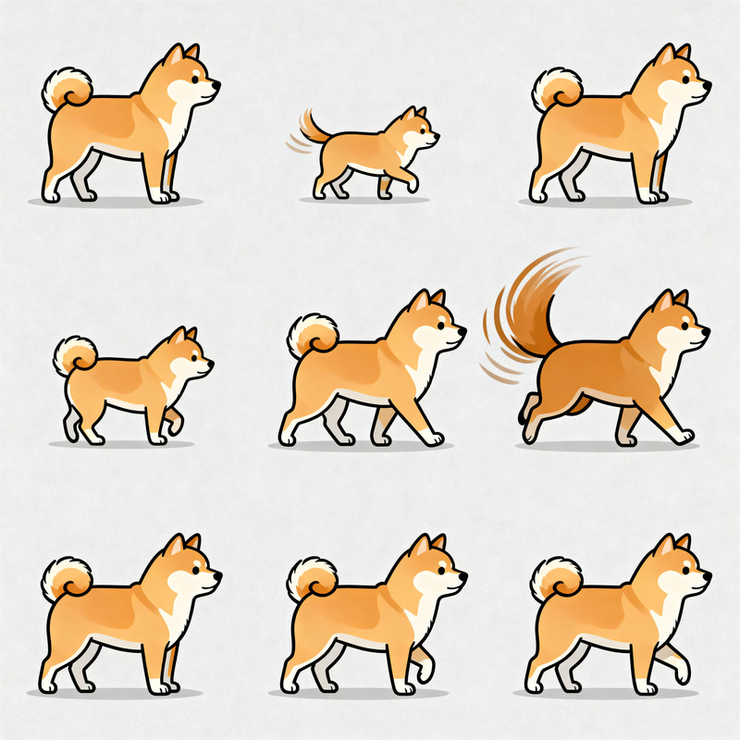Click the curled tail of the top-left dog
67,91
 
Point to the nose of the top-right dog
708,84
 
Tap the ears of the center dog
428,301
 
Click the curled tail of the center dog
312,336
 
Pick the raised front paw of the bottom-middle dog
425,673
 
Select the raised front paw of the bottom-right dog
683,672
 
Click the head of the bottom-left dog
190,569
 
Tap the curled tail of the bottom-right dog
555,579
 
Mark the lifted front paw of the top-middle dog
412,185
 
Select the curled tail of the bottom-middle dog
312,579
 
